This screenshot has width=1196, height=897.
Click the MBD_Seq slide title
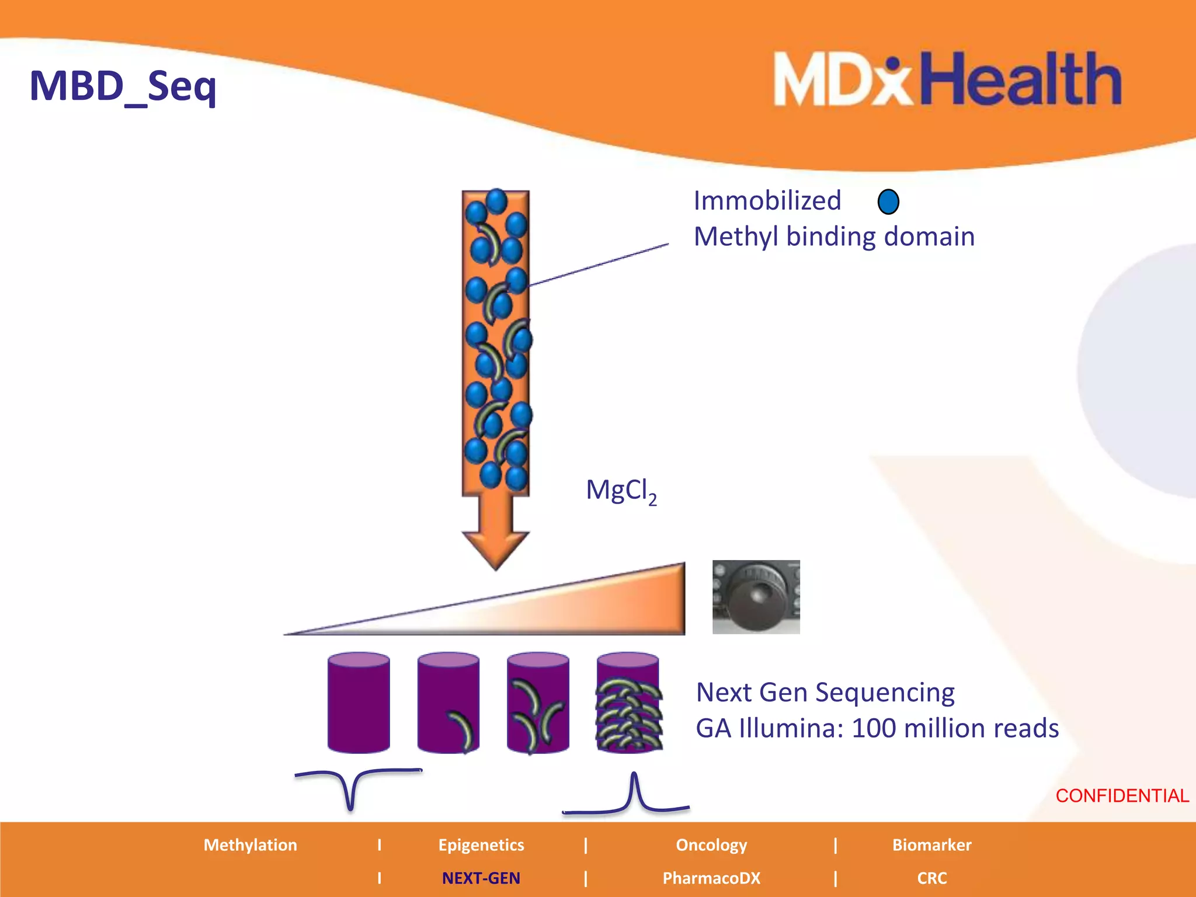coord(123,86)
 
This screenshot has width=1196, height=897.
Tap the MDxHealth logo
coord(947,79)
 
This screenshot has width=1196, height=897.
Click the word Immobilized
coord(767,201)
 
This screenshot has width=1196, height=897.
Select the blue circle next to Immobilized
coord(888,202)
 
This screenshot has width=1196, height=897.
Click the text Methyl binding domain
coord(834,237)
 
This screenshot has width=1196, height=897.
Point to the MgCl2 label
coord(621,491)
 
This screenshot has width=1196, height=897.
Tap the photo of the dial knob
coord(756,597)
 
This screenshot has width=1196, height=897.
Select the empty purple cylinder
coord(358,703)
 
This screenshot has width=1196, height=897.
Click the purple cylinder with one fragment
coord(448,703)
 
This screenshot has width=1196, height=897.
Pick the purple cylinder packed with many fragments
coord(628,703)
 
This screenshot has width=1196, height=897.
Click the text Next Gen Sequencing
coord(825,693)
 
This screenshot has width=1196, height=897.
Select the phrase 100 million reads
coord(955,729)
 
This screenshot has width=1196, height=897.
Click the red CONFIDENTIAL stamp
coord(1122,795)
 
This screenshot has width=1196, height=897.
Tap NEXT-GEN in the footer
coord(481,878)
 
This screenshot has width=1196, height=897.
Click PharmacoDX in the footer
coord(711,878)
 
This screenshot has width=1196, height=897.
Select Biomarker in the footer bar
coord(931,845)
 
